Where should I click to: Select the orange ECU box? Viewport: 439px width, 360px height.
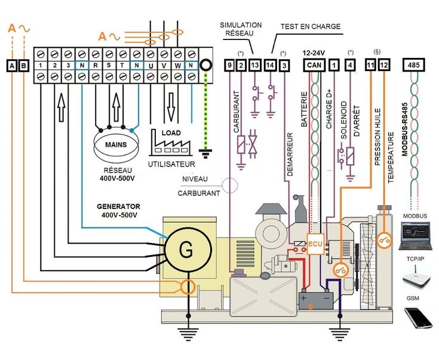coord(315,243)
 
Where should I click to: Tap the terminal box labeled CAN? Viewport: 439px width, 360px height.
coord(314,64)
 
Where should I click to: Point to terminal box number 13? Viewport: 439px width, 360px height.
coord(256,65)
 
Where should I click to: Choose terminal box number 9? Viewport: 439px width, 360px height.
coord(229,65)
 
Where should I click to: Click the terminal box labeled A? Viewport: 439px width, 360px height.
coord(11,65)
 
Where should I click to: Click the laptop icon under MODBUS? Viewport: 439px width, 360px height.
coord(414,234)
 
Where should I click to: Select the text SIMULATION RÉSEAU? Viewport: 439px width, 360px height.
coord(241,29)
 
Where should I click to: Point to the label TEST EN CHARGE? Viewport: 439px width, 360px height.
coord(311,26)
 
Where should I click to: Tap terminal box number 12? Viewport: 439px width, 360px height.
coord(383,64)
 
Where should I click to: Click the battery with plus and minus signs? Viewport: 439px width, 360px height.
coord(315,299)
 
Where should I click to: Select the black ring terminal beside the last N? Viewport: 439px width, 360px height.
coord(206,65)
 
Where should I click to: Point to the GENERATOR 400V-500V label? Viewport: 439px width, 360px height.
coord(118,211)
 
